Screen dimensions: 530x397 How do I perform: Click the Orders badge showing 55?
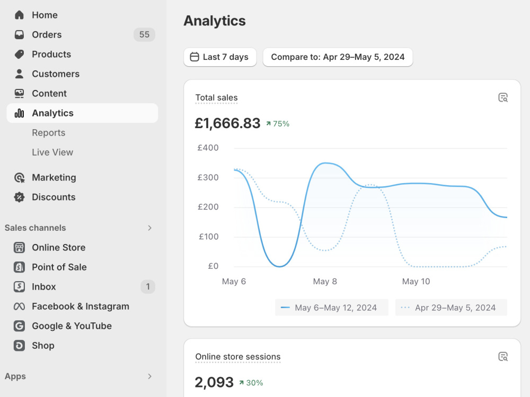144,34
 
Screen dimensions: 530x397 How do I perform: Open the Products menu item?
51,55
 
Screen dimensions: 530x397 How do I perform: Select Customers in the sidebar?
56,74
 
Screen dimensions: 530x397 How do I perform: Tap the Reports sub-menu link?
49,133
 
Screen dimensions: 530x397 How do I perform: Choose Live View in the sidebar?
52,152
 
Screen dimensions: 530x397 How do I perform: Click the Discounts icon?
19,197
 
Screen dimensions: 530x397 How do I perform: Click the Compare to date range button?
338,57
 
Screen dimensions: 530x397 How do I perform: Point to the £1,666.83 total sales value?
227,123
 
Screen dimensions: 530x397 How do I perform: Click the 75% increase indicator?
278,124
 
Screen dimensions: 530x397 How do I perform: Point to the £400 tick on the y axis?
208,148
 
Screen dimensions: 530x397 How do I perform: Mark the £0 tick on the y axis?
213,266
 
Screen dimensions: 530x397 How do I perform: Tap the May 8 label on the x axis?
325,282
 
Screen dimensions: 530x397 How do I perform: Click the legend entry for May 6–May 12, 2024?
332,308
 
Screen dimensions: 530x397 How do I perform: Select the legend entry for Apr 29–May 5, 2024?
451,308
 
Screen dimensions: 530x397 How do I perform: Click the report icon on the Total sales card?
503,97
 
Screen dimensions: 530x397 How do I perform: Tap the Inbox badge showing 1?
148,286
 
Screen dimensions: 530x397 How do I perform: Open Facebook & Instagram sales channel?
81,306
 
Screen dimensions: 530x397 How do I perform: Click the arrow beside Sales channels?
150,228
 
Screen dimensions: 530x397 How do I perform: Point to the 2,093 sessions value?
214,383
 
